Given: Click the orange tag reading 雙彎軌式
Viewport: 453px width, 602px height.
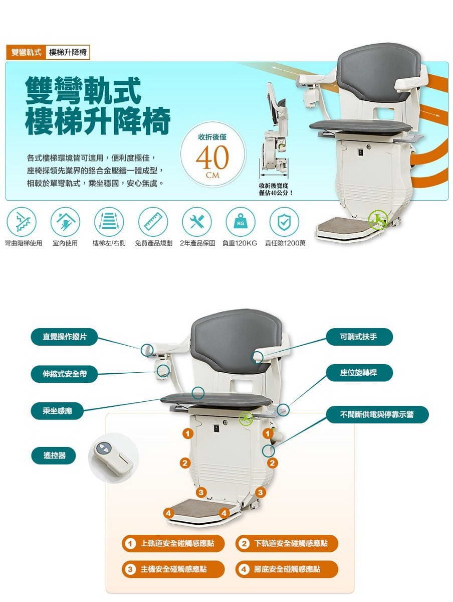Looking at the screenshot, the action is click(x=26, y=52).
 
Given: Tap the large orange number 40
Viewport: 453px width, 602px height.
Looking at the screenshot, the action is click(x=212, y=157).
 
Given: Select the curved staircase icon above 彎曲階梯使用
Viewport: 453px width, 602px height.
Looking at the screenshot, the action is click(x=22, y=221).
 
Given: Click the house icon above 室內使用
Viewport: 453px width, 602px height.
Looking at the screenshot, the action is click(x=65, y=221).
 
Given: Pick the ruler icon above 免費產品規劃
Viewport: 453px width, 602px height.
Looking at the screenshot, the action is click(x=153, y=221).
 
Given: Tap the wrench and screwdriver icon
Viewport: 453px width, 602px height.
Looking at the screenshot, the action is click(x=196, y=221).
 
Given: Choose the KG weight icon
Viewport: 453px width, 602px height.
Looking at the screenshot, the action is click(x=241, y=221).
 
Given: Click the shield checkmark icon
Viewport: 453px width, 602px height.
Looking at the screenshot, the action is click(x=284, y=221).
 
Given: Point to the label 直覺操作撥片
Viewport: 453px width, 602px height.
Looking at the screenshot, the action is click(x=64, y=337).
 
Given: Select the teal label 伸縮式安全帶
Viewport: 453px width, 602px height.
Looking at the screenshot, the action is click(x=64, y=374).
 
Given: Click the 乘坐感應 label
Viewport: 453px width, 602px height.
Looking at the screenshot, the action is click(x=57, y=411).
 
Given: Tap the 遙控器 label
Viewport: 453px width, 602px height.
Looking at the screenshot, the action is click(x=54, y=456).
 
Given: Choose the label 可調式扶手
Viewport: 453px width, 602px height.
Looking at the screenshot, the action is click(x=359, y=337).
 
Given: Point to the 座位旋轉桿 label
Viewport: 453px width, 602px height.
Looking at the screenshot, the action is click(x=359, y=373).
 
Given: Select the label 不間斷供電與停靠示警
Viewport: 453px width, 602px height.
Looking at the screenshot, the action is click(x=377, y=414).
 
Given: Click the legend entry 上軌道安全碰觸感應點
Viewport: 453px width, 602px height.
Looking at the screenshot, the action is click(x=173, y=543).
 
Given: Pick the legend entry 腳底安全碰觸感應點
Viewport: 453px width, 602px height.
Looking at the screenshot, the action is click(x=287, y=569).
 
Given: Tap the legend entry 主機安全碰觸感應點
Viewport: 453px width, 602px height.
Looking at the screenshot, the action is click(x=173, y=569).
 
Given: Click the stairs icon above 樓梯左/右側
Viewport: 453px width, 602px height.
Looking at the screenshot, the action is click(x=109, y=221).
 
